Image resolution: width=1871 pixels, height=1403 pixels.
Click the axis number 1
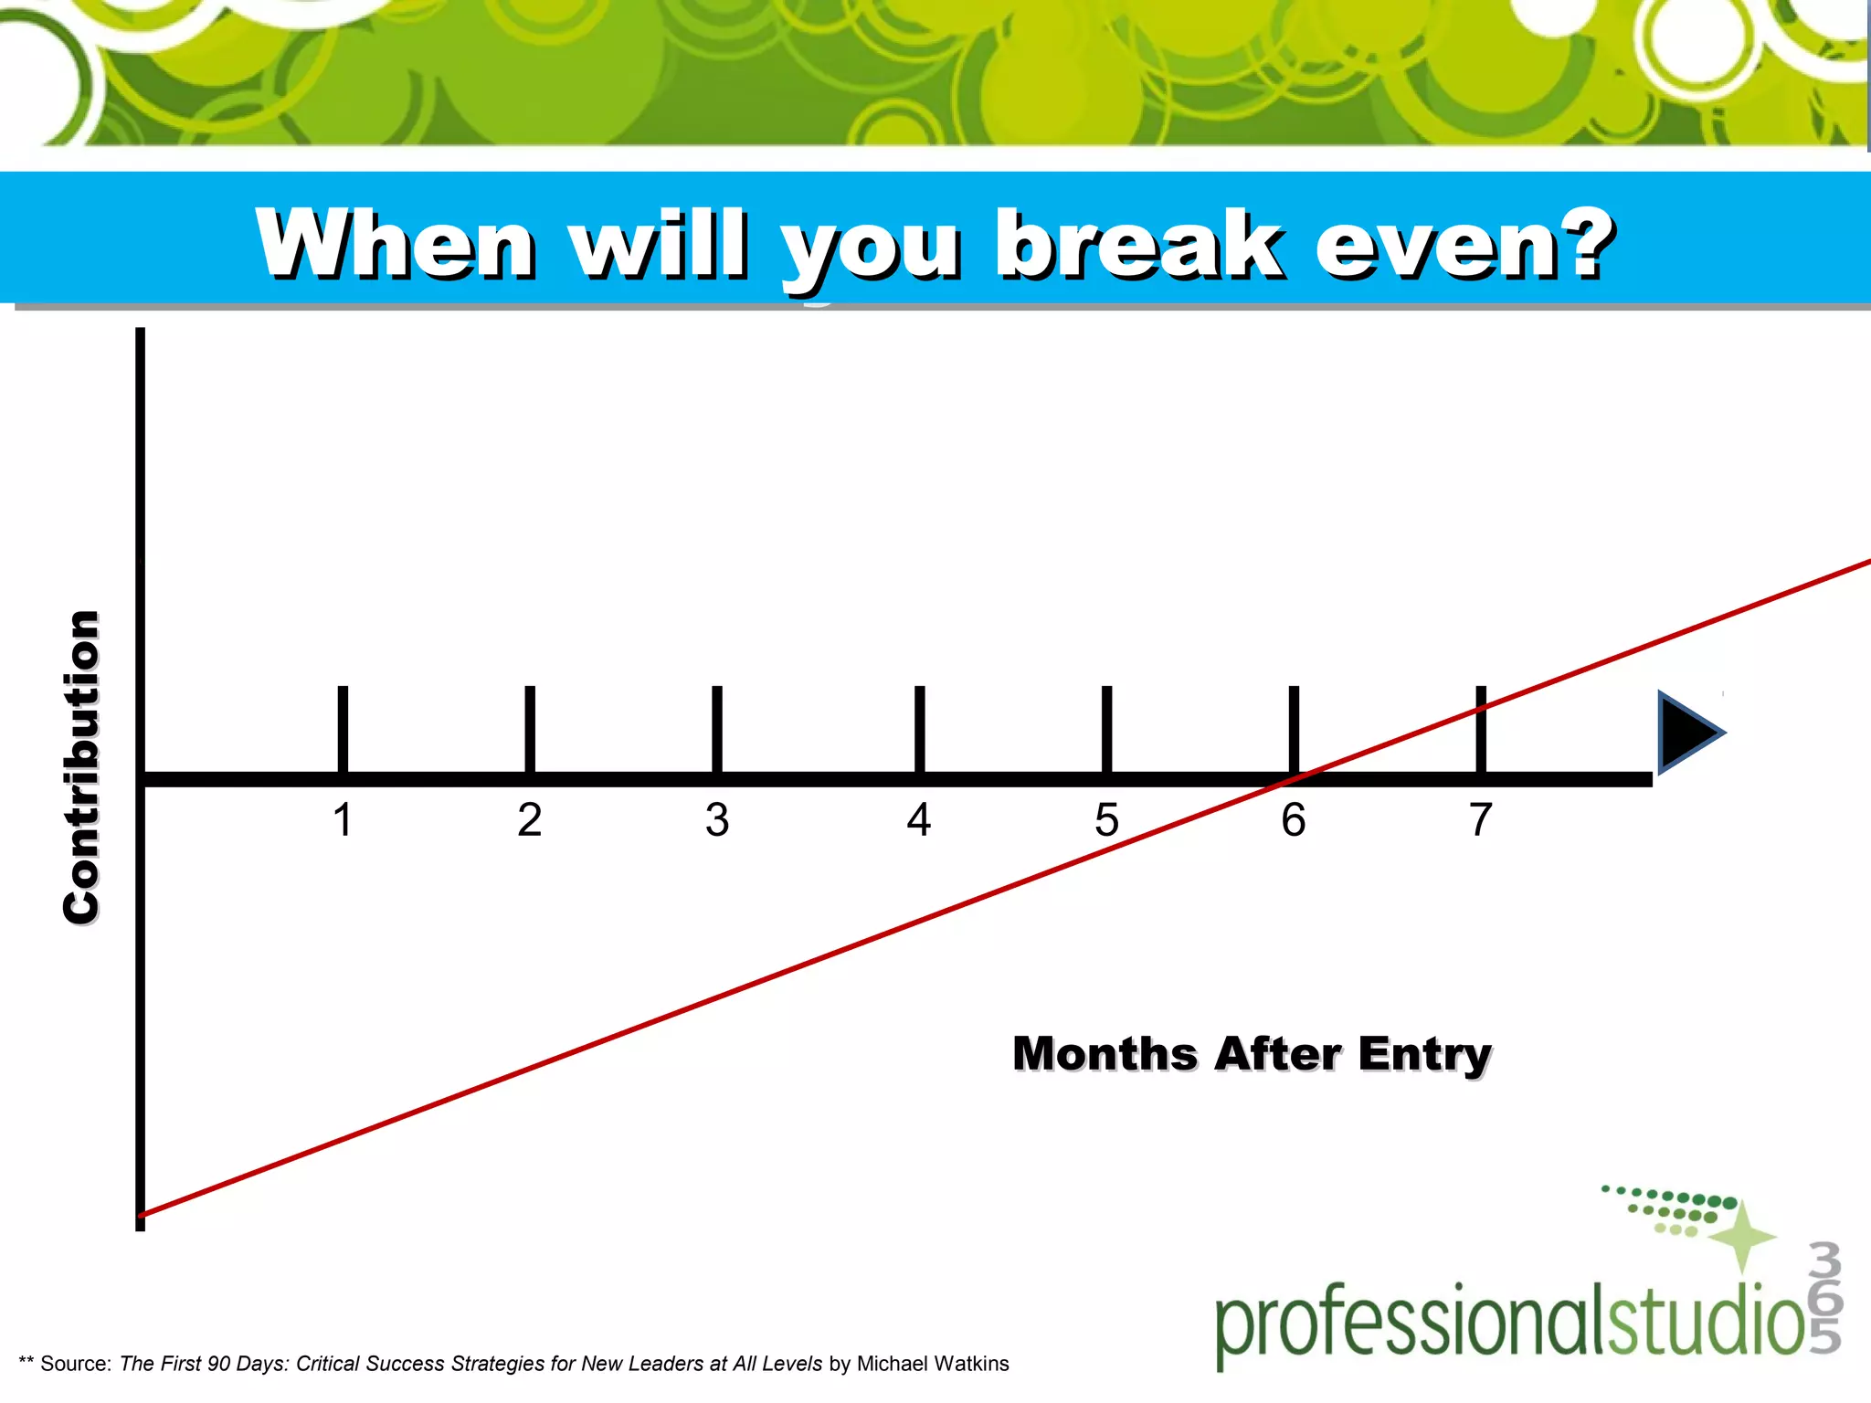343,819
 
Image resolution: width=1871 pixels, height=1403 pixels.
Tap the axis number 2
530,819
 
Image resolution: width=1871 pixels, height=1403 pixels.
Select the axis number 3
717,819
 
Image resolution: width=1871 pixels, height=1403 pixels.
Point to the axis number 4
919,819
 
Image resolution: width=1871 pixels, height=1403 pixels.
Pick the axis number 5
1106,819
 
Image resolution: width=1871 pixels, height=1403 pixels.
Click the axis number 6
1294,819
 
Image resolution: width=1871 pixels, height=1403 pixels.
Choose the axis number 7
1481,819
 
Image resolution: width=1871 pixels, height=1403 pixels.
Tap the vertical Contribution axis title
81,767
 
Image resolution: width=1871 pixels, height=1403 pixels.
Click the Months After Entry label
1252,1054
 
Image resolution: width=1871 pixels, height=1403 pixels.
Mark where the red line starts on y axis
142,1215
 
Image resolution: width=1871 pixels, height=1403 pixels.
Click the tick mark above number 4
919,729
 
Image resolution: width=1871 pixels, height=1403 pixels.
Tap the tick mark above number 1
343,729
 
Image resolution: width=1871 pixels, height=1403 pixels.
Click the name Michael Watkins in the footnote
933,1364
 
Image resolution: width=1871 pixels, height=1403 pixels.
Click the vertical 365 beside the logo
1824,1297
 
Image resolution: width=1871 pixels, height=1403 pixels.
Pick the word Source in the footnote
75,1364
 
